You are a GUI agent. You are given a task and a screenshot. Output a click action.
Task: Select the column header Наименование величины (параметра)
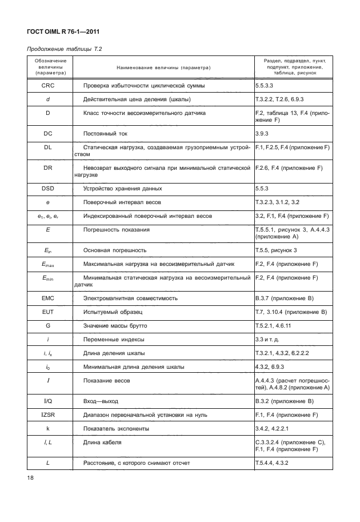click(163, 68)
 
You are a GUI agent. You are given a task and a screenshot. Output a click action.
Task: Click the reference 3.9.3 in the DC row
click(264, 134)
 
